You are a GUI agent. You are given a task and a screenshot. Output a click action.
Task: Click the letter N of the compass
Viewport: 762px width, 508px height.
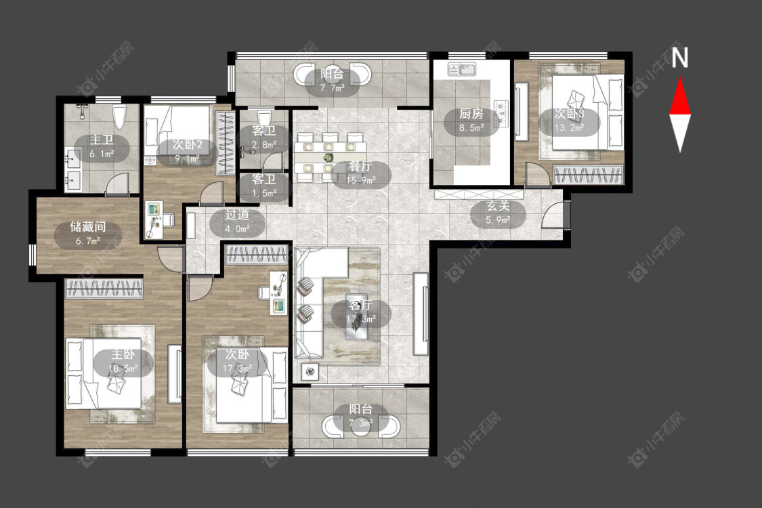coord(680,58)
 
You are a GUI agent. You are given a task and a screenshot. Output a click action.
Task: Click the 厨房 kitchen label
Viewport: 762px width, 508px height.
coord(471,114)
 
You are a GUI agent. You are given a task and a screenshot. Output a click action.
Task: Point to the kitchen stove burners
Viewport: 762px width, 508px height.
coord(501,113)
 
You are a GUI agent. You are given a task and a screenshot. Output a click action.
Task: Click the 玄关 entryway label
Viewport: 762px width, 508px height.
coord(498,206)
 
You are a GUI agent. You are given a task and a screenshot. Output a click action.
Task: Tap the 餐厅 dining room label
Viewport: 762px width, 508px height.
coord(360,167)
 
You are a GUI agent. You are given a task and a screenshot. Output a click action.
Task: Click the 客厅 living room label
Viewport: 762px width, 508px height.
coord(360,305)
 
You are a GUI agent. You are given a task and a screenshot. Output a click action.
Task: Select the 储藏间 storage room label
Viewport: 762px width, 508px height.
coord(88,226)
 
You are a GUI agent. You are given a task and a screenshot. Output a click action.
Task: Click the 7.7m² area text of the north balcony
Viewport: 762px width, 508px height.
coord(333,88)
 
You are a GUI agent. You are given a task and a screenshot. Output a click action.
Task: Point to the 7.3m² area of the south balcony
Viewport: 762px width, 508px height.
coord(360,423)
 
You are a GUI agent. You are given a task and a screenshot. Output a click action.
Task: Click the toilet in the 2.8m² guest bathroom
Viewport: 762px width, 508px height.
coord(264,117)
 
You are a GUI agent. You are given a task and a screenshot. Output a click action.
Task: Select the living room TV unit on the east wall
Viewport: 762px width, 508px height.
coord(421,314)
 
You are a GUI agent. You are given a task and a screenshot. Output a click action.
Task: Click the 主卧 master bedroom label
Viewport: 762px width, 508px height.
coord(123,354)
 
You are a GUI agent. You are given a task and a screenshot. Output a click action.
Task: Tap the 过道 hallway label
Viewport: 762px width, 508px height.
coord(237,215)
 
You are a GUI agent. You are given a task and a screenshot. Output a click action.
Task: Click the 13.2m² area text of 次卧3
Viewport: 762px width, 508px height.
coord(570,128)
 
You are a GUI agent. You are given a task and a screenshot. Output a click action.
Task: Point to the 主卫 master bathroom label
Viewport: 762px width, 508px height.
coord(102,140)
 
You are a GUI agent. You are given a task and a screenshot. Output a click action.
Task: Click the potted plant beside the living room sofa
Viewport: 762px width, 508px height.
coord(310,372)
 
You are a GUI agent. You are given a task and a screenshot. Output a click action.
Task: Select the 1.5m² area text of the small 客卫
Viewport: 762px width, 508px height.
coord(264,192)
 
